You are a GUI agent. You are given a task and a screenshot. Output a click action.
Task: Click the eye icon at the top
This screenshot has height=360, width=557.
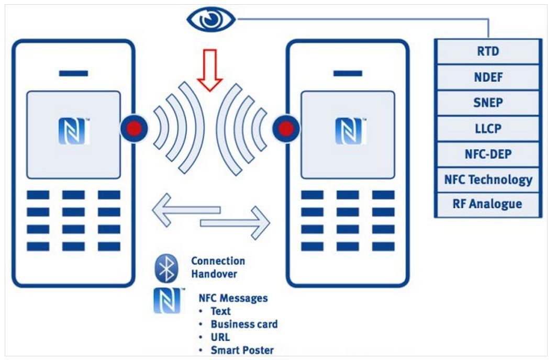point(211,19)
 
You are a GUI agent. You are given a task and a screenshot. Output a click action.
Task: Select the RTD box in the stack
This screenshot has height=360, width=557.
point(487,52)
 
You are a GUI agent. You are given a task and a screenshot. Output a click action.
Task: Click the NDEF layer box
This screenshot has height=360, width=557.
point(487,77)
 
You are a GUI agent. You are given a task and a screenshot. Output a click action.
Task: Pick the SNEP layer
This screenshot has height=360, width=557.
point(487,103)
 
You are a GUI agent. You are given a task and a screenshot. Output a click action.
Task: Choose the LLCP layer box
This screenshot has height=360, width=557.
point(487,129)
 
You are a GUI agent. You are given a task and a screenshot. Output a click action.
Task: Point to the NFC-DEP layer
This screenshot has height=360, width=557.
point(487,154)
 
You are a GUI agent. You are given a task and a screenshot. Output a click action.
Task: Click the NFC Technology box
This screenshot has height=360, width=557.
point(487,179)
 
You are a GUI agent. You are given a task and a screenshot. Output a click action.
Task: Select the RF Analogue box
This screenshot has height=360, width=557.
point(487,204)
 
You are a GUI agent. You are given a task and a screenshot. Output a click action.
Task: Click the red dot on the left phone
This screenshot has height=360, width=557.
point(134,128)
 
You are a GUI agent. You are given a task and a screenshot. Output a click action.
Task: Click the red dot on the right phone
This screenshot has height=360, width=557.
point(286,128)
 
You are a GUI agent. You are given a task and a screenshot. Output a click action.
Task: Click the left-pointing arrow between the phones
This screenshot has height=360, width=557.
point(185,209)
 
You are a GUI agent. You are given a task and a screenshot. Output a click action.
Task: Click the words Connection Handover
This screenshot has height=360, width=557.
point(218,267)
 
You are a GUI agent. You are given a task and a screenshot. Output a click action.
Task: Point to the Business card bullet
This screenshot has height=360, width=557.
point(244,324)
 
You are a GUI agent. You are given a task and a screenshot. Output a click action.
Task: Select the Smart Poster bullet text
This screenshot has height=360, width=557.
point(242,350)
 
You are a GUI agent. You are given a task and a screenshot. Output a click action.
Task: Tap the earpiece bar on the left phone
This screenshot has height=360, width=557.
point(73,74)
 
